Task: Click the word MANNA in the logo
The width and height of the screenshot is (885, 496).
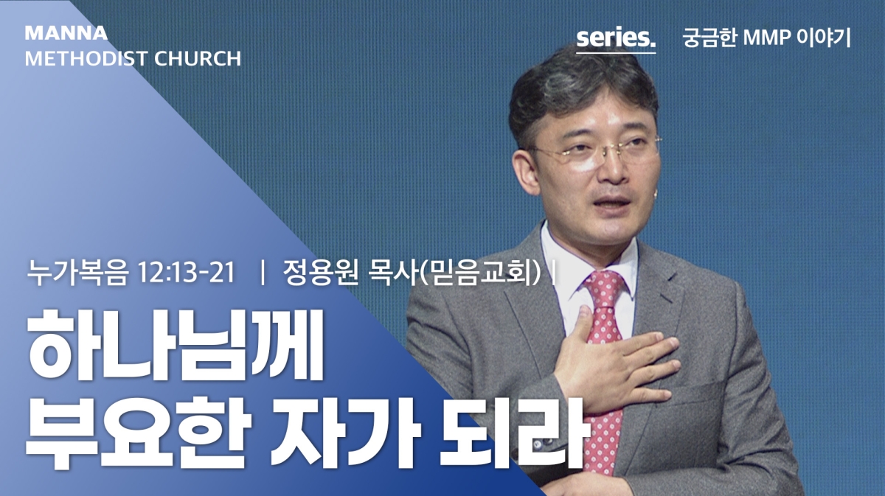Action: pos(66,33)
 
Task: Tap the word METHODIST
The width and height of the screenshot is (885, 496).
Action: pos(86,59)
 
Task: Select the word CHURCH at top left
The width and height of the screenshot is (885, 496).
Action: pos(198,59)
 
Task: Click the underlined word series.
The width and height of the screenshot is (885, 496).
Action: pos(616,38)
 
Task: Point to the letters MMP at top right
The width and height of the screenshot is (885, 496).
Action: pos(766,38)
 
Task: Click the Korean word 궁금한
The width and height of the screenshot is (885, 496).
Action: pos(709,38)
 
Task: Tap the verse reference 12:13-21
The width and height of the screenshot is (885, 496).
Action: pos(187,273)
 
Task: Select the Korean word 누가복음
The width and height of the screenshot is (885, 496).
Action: pos(78,273)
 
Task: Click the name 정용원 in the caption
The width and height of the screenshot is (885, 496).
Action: pos(320,273)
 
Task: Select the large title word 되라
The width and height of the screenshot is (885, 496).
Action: pos(513,432)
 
